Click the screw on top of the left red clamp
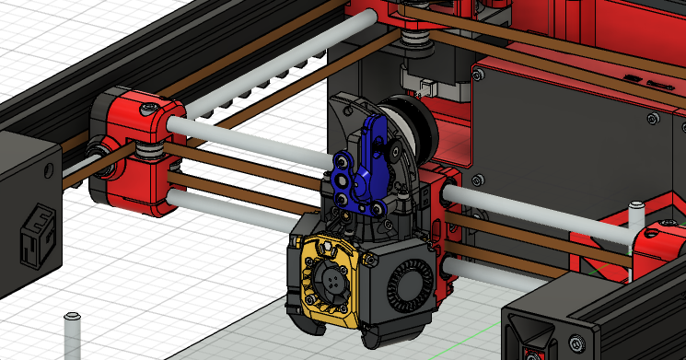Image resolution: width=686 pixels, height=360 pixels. (x=145, y=112)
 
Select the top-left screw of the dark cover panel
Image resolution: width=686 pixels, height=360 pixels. (x=479, y=69)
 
